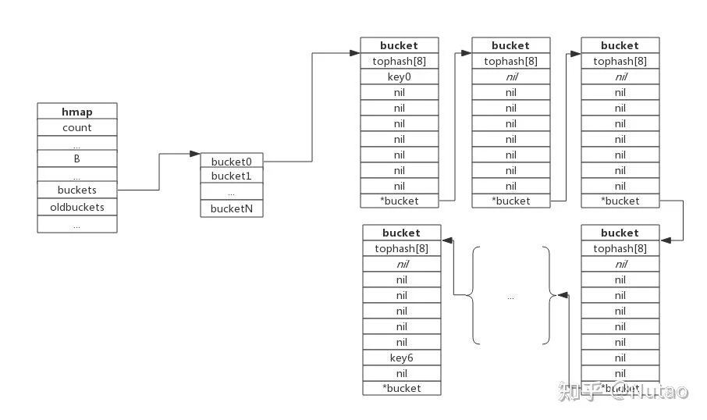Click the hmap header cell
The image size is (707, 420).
coord(77,112)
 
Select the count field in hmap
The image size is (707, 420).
coord(77,127)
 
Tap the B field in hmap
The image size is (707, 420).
coord(77,158)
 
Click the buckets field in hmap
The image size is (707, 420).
coord(77,190)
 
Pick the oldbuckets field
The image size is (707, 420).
coord(77,207)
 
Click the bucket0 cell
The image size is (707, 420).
coord(232,161)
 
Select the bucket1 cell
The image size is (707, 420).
coord(232,176)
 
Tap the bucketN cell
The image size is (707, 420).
coord(232,208)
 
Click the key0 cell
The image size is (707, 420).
coord(400,77)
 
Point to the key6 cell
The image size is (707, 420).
coord(402,358)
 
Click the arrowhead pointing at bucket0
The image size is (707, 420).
coord(195,154)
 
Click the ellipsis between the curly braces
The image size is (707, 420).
coord(510,297)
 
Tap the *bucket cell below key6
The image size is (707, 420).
coord(402,388)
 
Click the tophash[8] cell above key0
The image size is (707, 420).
coord(400,61)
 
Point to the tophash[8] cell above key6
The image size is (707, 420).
coord(402,248)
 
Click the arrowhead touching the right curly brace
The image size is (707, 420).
coord(563,295)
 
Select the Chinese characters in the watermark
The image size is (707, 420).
coord(581,390)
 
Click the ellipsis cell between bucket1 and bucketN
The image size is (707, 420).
coord(232,191)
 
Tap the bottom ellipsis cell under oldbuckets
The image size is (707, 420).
coord(77,224)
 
